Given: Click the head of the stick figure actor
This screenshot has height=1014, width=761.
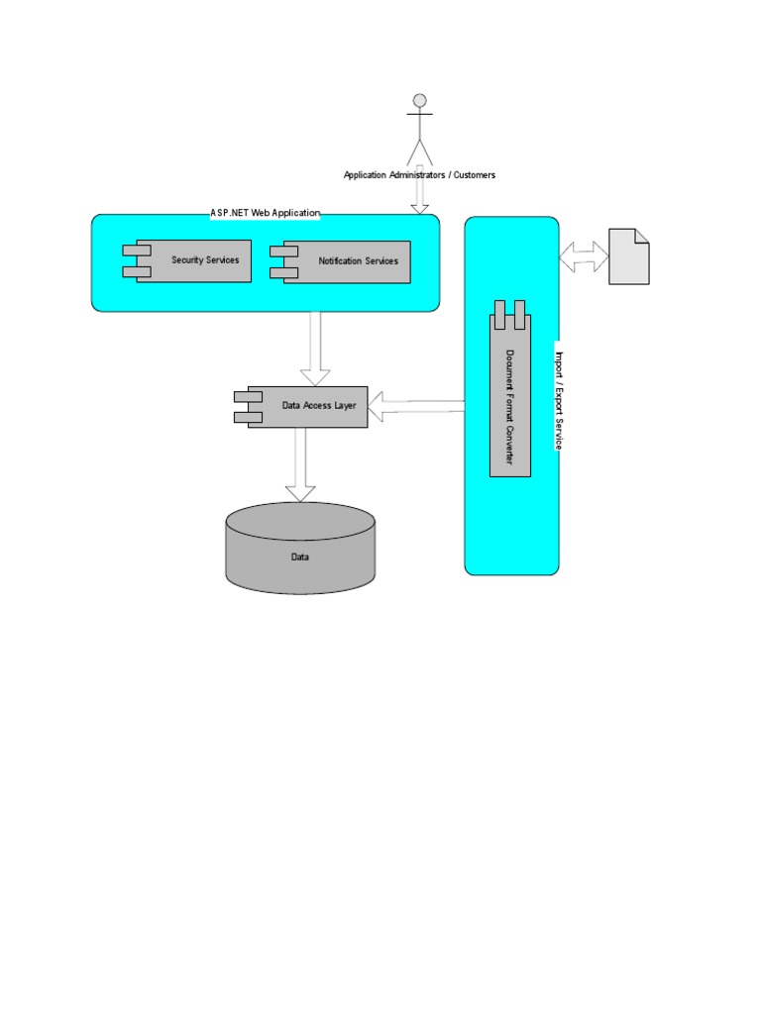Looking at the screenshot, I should pyautogui.click(x=419, y=100).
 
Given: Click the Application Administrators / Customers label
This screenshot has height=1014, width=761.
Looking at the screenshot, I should pyautogui.click(x=419, y=175).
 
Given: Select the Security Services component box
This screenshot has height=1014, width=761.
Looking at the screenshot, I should pyautogui.click(x=193, y=260).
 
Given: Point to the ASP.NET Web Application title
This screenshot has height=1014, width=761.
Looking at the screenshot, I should pyautogui.click(x=266, y=213).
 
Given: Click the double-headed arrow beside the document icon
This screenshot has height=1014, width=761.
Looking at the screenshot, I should pyautogui.click(x=584, y=256).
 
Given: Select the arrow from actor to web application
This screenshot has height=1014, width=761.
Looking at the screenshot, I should pyautogui.click(x=419, y=193).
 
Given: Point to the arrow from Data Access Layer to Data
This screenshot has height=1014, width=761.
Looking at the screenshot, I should pyautogui.click(x=300, y=465).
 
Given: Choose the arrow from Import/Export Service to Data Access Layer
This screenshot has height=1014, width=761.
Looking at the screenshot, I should pyautogui.click(x=416, y=405).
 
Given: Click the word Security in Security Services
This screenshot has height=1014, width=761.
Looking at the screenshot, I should pyautogui.click(x=186, y=260).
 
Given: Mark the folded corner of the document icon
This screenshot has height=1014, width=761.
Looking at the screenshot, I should pyautogui.click(x=641, y=236).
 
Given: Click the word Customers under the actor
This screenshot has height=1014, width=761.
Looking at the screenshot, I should pyautogui.click(x=475, y=175).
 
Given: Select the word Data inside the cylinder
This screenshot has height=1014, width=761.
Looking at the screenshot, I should pyautogui.click(x=300, y=558).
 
